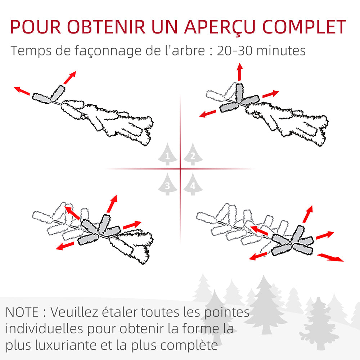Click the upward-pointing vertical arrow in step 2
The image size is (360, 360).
(239, 72)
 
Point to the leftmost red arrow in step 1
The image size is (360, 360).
(22, 91)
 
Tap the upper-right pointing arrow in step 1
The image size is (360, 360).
(70, 77)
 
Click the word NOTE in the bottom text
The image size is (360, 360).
(23, 312)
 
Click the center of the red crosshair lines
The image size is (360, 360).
(180, 169)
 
